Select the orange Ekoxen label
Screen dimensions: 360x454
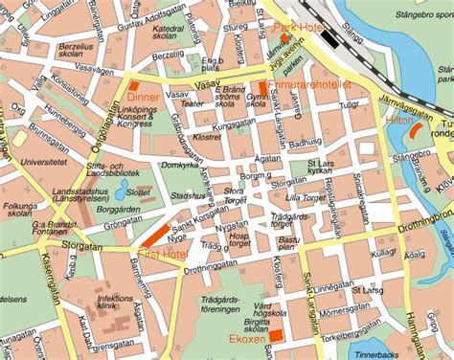(248, 338)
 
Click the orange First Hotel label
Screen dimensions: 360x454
(162, 253)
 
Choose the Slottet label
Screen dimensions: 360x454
(140, 192)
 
